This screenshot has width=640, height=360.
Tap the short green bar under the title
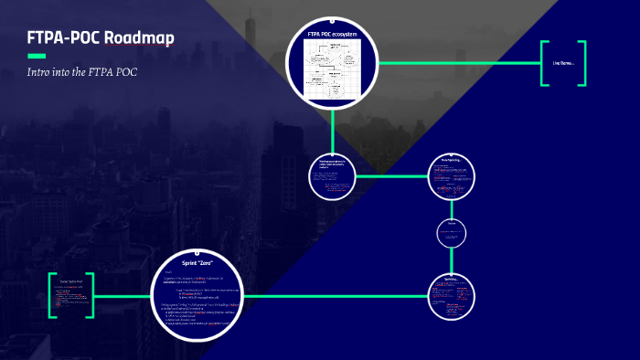click(37, 56)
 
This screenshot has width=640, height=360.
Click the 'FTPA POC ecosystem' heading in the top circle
click(332, 34)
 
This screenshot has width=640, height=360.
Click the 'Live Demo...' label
click(562, 63)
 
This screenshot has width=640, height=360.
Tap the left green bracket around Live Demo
click(544, 63)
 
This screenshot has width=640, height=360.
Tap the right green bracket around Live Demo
click(582, 63)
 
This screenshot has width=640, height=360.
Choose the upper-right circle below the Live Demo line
click(454, 175)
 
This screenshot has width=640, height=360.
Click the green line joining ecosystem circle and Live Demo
click(457, 63)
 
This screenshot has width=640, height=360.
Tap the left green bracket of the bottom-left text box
click(52, 294)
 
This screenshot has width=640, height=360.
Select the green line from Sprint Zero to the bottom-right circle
click(338, 294)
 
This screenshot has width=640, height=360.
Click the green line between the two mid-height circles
click(391, 175)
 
